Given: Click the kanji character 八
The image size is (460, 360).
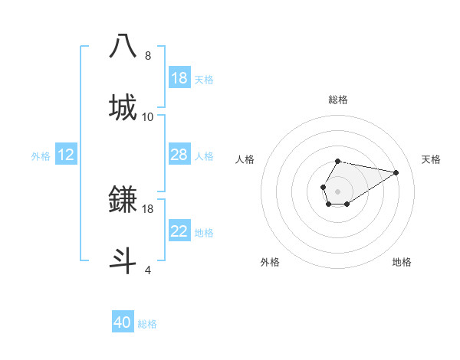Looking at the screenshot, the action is tap(123, 46).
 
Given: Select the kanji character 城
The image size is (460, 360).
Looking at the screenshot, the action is tap(123, 107).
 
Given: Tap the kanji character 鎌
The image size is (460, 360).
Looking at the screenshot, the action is tap(123, 200).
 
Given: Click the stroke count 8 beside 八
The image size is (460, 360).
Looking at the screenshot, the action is tap(148, 56).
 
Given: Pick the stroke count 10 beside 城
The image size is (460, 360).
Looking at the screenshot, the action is tap(148, 117).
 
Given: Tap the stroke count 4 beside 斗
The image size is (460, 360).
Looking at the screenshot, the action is tap(148, 270).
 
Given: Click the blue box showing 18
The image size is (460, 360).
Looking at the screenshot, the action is tap(179, 78).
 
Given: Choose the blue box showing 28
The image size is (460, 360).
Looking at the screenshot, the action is tap(179, 155).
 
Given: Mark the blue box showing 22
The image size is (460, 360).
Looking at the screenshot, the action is tap(179, 231).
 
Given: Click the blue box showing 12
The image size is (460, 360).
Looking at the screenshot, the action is tap(66, 155).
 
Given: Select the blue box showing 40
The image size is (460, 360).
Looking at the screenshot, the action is tap(123, 322).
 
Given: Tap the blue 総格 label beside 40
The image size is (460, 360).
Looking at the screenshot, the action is tap(147, 324).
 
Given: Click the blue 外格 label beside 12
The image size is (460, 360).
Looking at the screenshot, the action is tap(41, 156).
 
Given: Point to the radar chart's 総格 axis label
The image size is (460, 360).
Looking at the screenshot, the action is tap(337, 100).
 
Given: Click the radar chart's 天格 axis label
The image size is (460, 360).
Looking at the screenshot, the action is tap(431, 159).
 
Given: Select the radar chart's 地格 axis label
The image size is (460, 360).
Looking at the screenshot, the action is tap(402, 262).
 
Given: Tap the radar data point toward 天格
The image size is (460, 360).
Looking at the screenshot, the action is tap(396, 172).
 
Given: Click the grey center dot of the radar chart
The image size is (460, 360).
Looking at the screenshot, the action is tap(337, 190).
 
